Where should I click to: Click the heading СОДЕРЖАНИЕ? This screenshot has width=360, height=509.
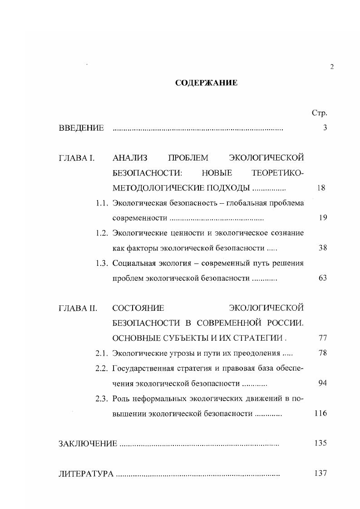coord(206,83)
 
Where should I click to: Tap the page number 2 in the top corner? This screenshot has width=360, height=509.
coord(332,67)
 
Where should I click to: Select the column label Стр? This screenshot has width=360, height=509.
coord(320,113)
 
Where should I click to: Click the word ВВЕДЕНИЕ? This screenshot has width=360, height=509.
coord(81,128)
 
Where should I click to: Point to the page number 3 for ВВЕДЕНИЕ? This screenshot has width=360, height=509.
coord(325,128)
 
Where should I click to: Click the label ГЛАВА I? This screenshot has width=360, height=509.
coord(76,158)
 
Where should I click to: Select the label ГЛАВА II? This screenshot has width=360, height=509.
coord(78,308)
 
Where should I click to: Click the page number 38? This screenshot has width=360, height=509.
coord(323,248)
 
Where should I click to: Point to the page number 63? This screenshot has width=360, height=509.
coord(323,278)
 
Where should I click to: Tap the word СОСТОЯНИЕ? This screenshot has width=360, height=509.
coord(138,308)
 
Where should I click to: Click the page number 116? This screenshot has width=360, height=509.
coord(321,413)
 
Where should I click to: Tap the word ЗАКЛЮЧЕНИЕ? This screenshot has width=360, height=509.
coord(88,443)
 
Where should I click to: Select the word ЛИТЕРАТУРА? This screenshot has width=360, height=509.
coord(86,474)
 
